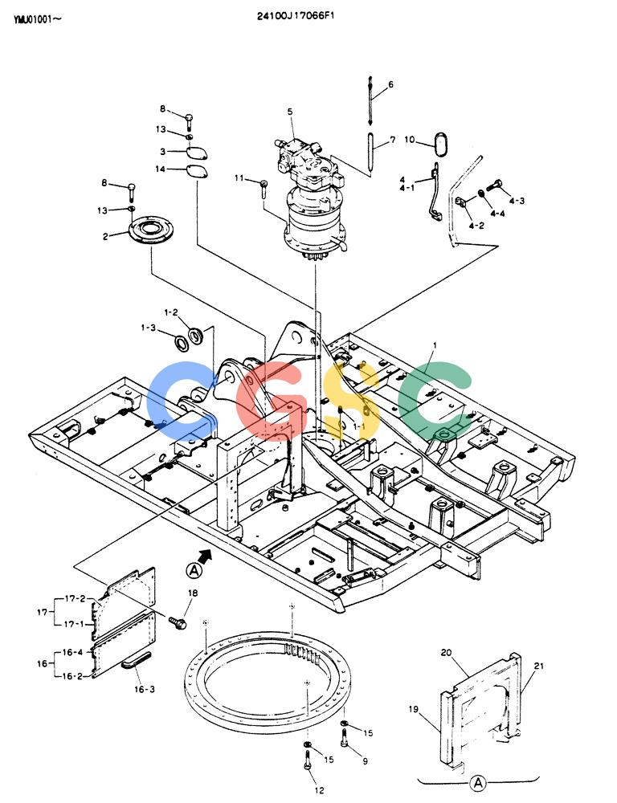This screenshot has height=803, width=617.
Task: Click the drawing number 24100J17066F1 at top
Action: click(x=296, y=16)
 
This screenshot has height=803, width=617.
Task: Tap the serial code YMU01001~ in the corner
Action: click(x=38, y=20)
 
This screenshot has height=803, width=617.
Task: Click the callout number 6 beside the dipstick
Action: click(x=391, y=84)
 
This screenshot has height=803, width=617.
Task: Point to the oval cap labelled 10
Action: click(x=441, y=144)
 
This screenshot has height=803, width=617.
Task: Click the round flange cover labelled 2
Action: click(x=151, y=231)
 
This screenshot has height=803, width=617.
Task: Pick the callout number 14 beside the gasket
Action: click(x=161, y=169)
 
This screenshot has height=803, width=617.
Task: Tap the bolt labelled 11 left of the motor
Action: click(x=264, y=189)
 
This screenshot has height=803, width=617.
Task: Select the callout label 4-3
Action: click(x=517, y=201)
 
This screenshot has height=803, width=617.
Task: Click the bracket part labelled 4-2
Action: click(x=460, y=203)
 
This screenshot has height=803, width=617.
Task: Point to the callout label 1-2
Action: click(x=171, y=312)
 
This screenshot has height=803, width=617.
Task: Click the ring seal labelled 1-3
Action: click(x=181, y=343)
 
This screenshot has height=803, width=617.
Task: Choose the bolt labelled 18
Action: click(x=178, y=622)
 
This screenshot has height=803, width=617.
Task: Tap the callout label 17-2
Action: click(x=75, y=598)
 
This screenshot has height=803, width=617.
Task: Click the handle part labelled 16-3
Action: click(x=137, y=659)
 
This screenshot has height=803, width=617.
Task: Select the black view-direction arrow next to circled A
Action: click(x=205, y=555)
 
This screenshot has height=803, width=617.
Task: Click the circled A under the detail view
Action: click(x=478, y=782)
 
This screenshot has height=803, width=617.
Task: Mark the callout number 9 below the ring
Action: click(x=365, y=761)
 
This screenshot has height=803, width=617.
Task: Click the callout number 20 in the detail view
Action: click(x=447, y=652)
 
